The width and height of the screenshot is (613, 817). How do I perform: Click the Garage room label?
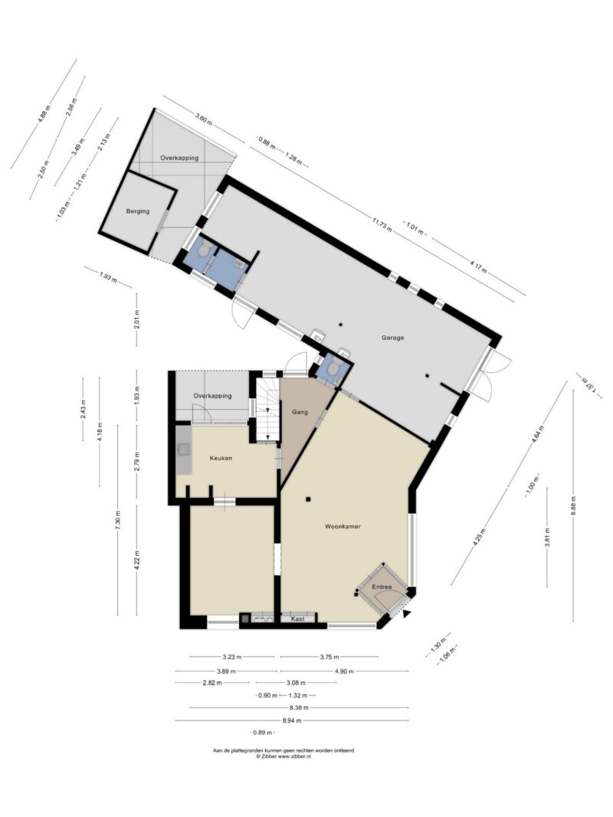pyautogui.click(x=392, y=338)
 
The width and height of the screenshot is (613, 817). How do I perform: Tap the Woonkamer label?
pyautogui.click(x=343, y=526)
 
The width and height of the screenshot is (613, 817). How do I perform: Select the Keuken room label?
pyautogui.click(x=221, y=459)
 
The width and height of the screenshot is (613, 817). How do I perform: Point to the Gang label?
pyautogui.click(x=300, y=412)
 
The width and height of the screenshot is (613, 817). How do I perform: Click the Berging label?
pyautogui.click(x=138, y=211)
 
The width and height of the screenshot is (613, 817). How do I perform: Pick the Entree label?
pyautogui.click(x=382, y=587)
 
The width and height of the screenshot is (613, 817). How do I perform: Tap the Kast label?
pyautogui.click(x=297, y=619)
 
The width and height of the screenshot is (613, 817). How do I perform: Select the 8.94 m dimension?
pyautogui.click(x=292, y=721)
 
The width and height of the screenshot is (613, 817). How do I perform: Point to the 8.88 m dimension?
pyautogui.click(x=573, y=505)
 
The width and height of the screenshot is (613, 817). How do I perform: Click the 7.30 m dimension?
pyautogui.click(x=118, y=519)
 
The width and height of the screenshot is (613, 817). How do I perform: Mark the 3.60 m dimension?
pyautogui.click(x=204, y=118)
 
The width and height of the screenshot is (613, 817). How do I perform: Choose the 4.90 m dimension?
pyautogui.click(x=345, y=671)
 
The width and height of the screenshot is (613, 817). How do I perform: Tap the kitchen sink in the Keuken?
pyautogui.click(x=183, y=449)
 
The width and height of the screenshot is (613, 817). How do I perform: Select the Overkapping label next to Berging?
pyautogui.click(x=179, y=158)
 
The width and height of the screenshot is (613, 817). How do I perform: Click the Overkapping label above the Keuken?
pyautogui.click(x=212, y=396)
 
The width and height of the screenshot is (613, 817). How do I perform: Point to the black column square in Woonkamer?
pyautogui.click(x=309, y=499)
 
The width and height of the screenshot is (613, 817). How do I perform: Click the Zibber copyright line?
pyautogui.click(x=283, y=756)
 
